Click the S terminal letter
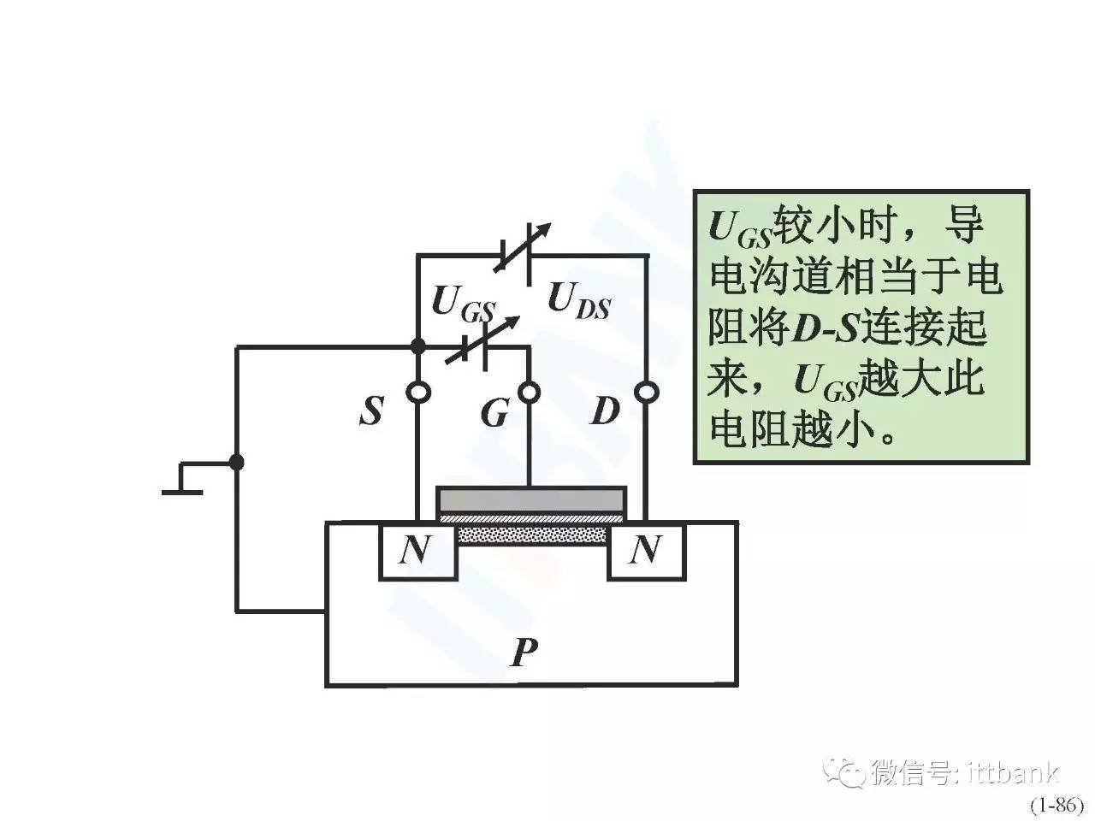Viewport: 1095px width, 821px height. click(x=371, y=411)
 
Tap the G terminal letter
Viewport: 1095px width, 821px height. click(x=494, y=413)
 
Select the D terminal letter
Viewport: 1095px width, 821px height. click(x=604, y=411)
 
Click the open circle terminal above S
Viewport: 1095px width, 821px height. click(x=418, y=393)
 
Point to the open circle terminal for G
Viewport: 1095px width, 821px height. click(x=530, y=393)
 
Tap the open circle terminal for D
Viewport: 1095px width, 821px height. click(x=646, y=393)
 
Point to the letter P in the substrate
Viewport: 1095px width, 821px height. click(x=524, y=653)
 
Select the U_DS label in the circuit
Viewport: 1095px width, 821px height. click(x=578, y=300)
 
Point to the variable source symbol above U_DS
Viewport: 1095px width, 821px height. click(x=521, y=254)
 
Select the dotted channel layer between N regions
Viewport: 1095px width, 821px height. click(x=532, y=535)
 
